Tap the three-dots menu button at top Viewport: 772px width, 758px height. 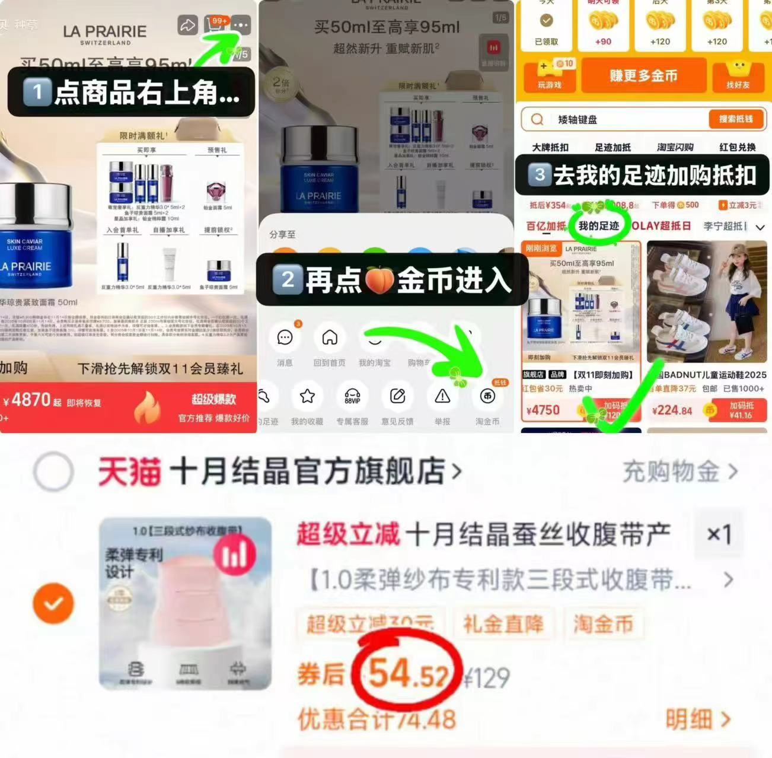(x=241, y=26)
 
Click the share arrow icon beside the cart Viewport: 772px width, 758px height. (x=187, y=26)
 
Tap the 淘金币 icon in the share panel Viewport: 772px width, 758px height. (x=487, y=397)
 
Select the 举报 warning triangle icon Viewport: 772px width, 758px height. (x=442, y=397)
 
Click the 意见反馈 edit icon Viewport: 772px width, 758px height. (x=397, y=397)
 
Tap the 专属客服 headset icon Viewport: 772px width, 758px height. (x=352, y=397)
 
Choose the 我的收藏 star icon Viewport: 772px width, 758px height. (x=307, y=397)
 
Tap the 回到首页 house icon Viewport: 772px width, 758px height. (x=330, y=338)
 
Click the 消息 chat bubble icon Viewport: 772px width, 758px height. (x=285, y=338)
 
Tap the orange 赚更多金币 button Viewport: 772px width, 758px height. (x=643, y=76)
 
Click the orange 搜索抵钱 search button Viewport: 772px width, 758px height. (x=736, y=119)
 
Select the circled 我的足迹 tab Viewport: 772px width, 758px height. (x=598, y=226)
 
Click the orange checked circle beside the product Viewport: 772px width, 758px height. (x=53, y=603)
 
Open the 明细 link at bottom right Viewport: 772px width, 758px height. (x=697, y=719)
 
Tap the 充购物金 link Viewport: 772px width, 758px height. (x=679, y=472)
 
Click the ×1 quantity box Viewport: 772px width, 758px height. (x=719, y=534)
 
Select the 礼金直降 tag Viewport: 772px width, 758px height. (x=503, y=624)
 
